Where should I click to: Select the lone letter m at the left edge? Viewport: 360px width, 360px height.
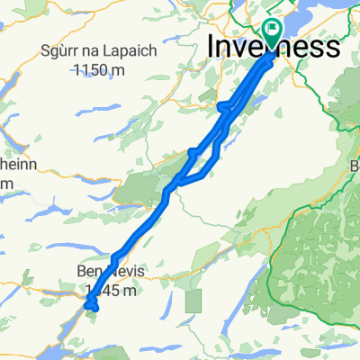pyautogui.click(x=4, y=184)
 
